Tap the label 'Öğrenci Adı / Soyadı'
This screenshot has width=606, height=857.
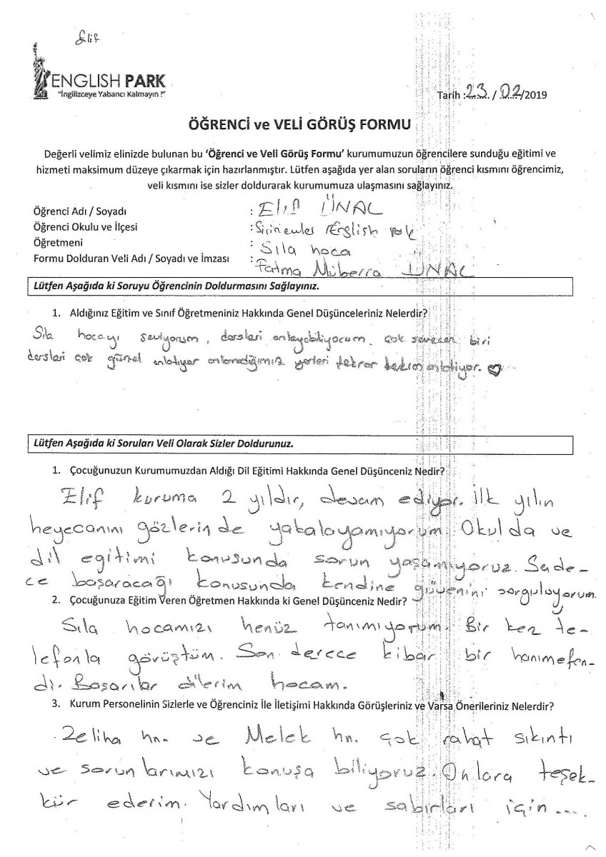click(x=79, y=213)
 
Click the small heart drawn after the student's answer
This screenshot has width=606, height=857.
click(x=491, y=369)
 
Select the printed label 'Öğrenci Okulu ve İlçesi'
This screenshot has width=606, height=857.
click(x=85, y=229)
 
